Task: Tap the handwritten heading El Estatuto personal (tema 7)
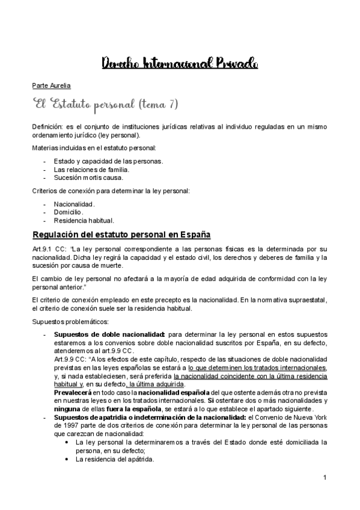pyautogui.click(x=105, y=105)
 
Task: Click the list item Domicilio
pyautogui.click(x=69, y=212)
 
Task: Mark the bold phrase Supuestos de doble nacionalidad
pyautogui.click(x=109, y=334)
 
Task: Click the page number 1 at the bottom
pyautogui.click(x=324, y=478)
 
